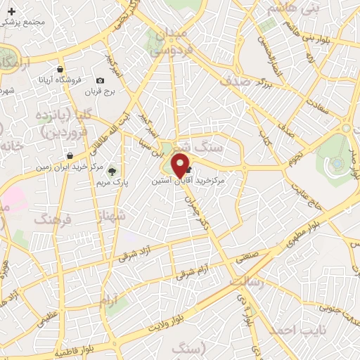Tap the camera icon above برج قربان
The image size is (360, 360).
[100, 82]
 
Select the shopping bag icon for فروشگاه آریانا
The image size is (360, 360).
[62, 70]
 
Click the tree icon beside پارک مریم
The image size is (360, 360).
[111, 171]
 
